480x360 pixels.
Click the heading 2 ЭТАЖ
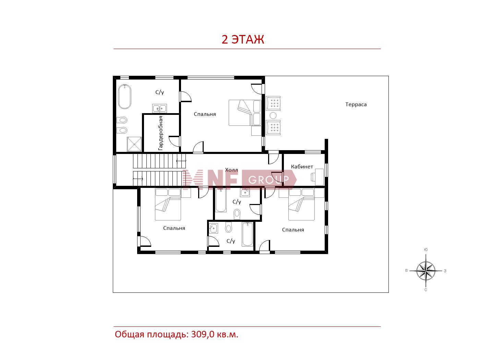point(243,39)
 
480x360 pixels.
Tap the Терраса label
point(356,105)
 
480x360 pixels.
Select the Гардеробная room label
point(160,133)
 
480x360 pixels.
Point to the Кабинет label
point(302,167)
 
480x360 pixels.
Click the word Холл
point(231,170)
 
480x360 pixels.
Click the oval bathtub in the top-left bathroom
point(124,96)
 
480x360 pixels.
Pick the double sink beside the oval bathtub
point(159,108)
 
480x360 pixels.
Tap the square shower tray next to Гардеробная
point(134,144)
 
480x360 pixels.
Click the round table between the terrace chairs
point(273,115)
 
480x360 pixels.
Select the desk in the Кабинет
point(319,177)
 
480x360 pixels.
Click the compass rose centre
point(425,271)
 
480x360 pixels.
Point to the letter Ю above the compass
point(425,250)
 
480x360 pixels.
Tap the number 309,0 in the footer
point(203,334)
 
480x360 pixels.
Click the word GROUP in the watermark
point(268,180)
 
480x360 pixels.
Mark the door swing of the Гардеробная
point(174,141)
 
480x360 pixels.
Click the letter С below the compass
point(425,290)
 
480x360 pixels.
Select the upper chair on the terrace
point(273,103)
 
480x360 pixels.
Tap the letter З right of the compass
point(445,271)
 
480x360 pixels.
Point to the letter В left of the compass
point(406,271)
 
